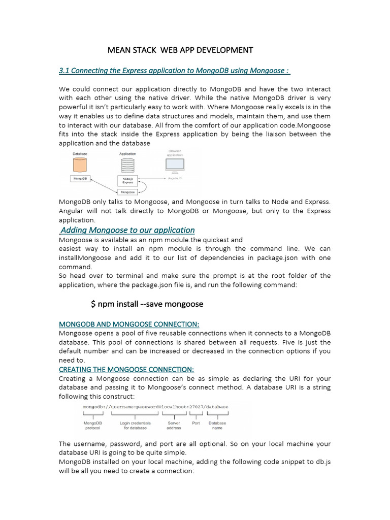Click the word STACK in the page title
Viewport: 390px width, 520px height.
[146, 50]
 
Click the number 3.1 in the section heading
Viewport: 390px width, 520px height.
[64, 71]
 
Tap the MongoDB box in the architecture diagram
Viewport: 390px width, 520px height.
[81, 179]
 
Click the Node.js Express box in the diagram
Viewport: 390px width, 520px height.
[127, 180]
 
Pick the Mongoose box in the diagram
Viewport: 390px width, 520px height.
[127, 192]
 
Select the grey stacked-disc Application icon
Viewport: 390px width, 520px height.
[127, 165]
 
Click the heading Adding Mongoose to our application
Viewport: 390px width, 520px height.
[127, 230]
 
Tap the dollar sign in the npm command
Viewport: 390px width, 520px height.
[93, 304]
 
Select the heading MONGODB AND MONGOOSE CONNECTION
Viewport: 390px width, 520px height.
[129, 324]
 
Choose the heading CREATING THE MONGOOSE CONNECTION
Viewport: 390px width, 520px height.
[126, 369]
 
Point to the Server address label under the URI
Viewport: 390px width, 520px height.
[174, 425]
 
